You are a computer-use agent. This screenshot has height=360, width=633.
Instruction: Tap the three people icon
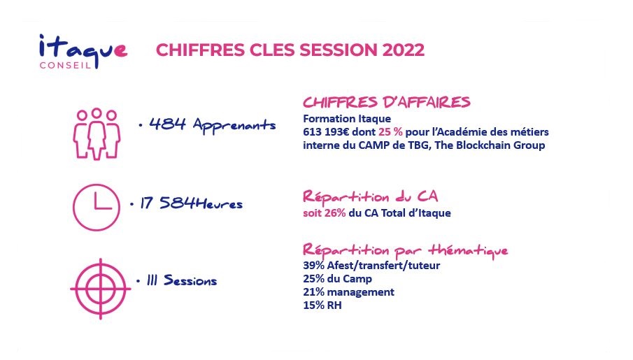[x=97, y=134]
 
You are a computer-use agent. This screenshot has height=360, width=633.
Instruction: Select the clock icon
[x=97, y=208]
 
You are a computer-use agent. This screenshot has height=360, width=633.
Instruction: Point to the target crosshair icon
[x=101, y=289]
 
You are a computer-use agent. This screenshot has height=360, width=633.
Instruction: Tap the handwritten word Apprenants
[x=234, y=124]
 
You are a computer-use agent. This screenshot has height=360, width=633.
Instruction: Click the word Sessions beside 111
[x=190, y=280]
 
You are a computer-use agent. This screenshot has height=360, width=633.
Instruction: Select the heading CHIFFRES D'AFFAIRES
[x=387, y=102]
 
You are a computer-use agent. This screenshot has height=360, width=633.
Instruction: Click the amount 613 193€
[x=326, y=132]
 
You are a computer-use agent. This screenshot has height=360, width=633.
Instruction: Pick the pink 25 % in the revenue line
[x=390, y=132]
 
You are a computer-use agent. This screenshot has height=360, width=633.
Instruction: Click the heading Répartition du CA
[x=370, y=197]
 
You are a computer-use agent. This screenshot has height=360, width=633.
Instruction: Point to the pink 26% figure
[x=334, y=213]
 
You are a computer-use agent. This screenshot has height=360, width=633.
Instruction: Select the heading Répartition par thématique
[x=405, y=250]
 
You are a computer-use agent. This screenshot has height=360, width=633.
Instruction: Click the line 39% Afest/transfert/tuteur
[x=371, y=266]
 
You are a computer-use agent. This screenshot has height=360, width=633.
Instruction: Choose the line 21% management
[x=349, y=291]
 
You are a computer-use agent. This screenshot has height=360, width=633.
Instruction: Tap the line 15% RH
[x=322, y=305]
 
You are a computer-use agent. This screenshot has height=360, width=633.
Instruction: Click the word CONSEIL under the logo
[x=65, y=66]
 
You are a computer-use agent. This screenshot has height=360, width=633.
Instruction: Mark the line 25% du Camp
[x=338, y=279]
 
